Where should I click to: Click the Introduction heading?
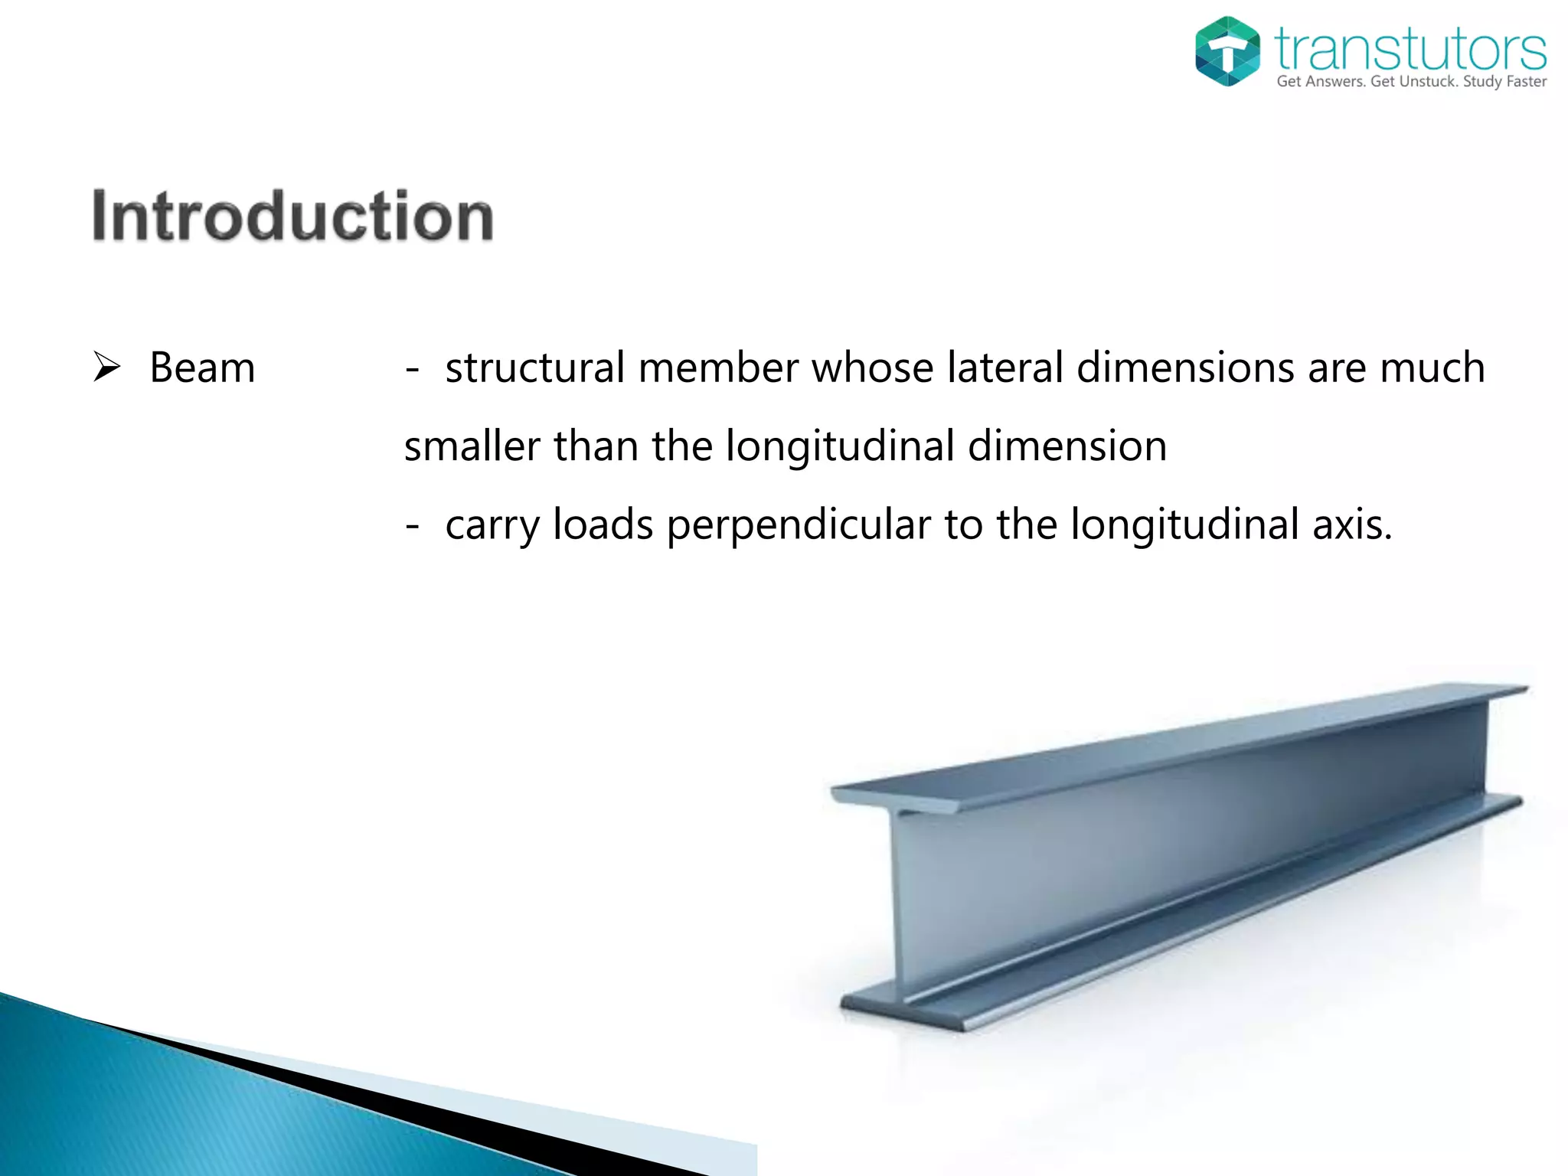pyautogui.click(x=292, y=216)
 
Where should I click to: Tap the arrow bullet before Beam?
pyautogui.click(x=107, y=366)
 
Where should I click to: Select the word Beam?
pyautogui.click(x=202, y=367)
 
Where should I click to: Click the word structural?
pyautogui.click(x=535, y=367)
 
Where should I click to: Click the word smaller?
pyautogui.click(x=472, y=446)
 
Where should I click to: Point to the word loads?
pyautogui.click(x=603, y=525)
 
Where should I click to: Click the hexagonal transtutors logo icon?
pyautogui.click(x=1227, y=51)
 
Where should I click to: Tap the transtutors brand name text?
pyautogui.click(x=1410, y=49)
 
